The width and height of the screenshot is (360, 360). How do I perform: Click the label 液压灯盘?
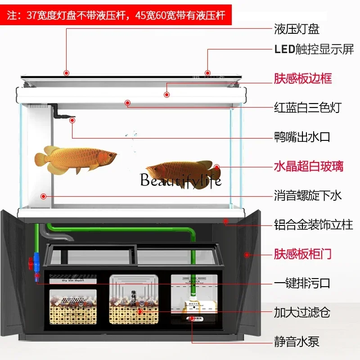(297, 30)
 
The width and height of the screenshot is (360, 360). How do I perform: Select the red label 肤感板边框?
(303, 78)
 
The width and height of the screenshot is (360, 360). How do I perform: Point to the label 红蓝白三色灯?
(308, 108)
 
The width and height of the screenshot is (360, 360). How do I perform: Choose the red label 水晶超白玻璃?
(308, 166)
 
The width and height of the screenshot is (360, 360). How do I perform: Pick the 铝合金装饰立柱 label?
(314, 224)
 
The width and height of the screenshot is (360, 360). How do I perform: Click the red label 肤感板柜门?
(303, 254)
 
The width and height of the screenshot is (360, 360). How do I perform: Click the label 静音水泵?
(297, 342)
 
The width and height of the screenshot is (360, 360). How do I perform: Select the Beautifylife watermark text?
(180, 180)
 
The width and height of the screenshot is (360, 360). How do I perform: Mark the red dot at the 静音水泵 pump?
(192, 318)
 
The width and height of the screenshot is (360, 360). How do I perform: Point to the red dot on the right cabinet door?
(247, 255)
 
